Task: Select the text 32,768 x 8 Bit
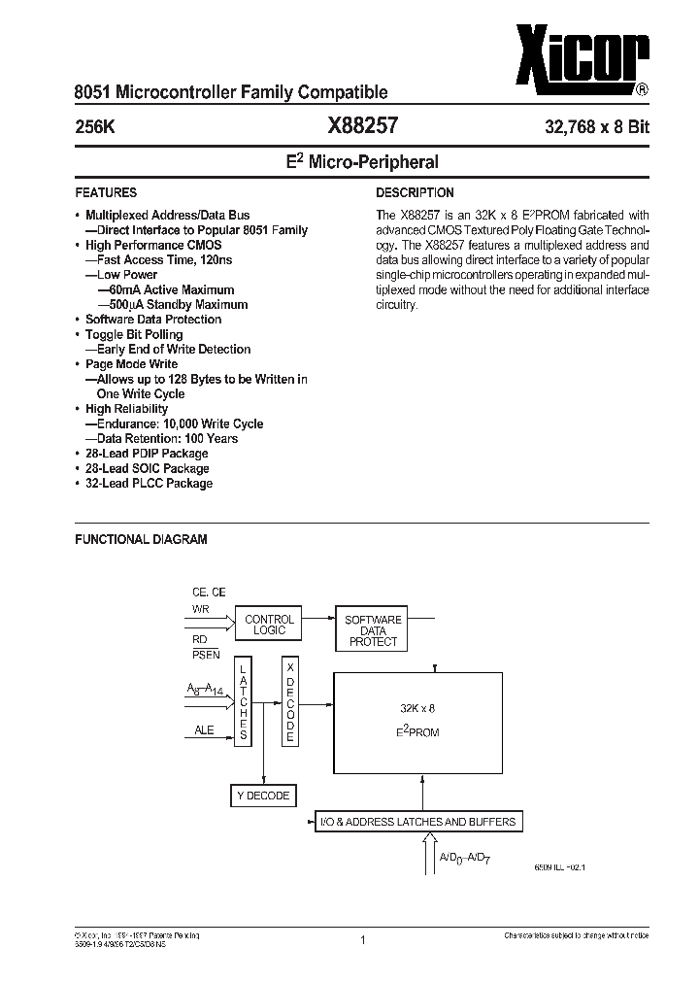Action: point(596,127)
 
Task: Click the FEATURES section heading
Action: point(106,192)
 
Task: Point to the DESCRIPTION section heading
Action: point(415,192)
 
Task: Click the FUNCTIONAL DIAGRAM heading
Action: point(141,539)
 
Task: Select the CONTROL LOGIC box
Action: point(268,625)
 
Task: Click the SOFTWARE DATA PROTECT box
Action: point(373,629)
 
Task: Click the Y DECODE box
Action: point(262,796)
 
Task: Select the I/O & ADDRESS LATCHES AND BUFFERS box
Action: point(418,822)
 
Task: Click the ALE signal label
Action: point(203,731)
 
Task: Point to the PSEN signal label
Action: point(206,653)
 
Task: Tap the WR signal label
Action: point(201,609)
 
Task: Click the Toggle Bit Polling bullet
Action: point(133,334)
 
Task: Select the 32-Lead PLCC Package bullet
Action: point(149,483)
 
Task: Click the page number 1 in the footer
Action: point(361,939)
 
